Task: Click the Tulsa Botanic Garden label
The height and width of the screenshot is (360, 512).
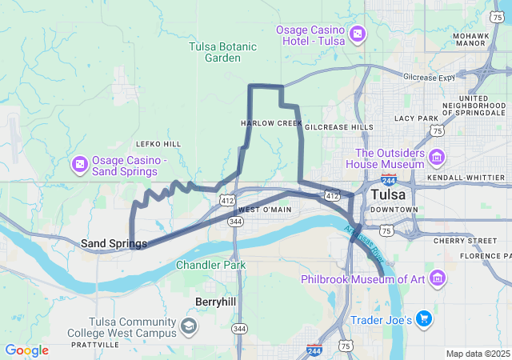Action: (223, 52)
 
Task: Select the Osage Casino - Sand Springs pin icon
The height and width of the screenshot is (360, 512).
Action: (81, 165)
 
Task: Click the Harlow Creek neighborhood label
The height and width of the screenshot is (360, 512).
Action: (271, 123)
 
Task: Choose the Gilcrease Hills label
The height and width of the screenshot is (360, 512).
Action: (338, 126)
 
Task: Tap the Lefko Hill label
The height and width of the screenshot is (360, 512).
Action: (158, 144)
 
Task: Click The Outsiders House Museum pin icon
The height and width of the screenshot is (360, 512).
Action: (437, 154)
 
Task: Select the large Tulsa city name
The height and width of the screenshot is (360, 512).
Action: (387, 194)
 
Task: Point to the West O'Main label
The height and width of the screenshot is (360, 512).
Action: (265, 210)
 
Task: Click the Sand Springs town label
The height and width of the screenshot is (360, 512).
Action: (114, 243)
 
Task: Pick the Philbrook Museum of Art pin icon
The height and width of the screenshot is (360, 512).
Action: (438, 278)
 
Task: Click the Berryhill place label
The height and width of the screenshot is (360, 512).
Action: (215, 301)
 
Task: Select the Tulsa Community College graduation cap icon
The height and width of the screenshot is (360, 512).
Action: (189, 326)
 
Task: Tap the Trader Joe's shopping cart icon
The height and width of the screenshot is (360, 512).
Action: (423, 319)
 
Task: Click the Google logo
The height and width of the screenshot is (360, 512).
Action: (26, 350)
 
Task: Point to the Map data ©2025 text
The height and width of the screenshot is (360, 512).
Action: (478, 354)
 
